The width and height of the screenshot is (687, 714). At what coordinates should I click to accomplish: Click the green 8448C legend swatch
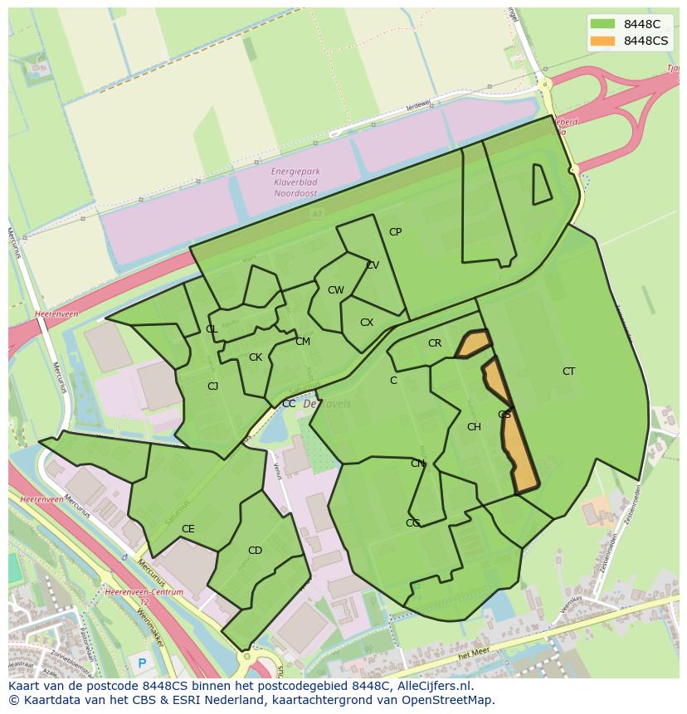tap(603, 25)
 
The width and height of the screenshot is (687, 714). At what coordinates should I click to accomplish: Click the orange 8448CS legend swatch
tap(603, 41)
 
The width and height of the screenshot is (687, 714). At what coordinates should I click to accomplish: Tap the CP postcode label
tap(395, 232)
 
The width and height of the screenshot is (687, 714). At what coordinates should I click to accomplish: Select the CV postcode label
tap(373, 265)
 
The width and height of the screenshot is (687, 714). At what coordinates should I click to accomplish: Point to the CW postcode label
tap(335, 290)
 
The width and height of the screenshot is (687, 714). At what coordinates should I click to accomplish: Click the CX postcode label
tap(367, 323)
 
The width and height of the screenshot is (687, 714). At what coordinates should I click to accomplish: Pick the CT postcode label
tap(568, 372)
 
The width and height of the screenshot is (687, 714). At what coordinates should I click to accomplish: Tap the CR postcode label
tap(435, 343)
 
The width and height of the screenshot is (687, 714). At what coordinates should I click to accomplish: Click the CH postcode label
tap(474, 427)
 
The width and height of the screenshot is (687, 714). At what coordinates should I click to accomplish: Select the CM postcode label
tap(303, 342)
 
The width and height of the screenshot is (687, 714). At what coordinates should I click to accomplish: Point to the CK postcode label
tap(256, 357)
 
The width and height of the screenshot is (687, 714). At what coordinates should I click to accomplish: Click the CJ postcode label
tap(213, 386)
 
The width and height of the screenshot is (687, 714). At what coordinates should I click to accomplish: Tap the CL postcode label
tap(212, 329)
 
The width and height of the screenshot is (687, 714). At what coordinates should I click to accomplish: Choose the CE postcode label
tap(188, 529)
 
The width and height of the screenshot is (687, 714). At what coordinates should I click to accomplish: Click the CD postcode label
tap(255, 551)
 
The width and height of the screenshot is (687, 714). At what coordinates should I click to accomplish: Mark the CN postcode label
tap(417, 464)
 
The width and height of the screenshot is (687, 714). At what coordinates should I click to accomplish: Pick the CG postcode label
tap(412, 523)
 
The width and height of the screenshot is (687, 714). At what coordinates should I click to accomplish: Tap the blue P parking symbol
tap(142, 663)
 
